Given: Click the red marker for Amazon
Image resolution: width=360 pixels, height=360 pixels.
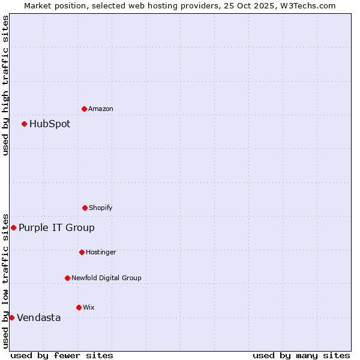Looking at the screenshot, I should pyautogui.click(x=84, y=109).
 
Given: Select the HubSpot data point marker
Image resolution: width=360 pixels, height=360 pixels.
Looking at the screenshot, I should pyautogui.click(x=24, y=124).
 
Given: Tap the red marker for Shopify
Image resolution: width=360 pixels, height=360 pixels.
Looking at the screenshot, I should pyautogui.click(x=85, y=208).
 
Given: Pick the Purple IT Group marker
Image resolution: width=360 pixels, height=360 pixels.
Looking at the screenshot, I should pyautogui.click(x=13, y=227).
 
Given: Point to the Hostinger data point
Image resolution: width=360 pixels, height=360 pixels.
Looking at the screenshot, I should pyautogui.click(x=82, y=252).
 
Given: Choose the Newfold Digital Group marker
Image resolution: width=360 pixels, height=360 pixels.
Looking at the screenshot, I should pyautogui.click(x=67, y=278).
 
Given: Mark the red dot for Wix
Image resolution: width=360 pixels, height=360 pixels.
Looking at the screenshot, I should pyautogui.click(x=79, y=307).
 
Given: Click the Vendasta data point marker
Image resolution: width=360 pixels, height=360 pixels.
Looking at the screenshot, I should pyautogui.click(x=11, y=317).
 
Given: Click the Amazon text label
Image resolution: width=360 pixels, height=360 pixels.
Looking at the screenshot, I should pyautogui.click(x=101, y=109).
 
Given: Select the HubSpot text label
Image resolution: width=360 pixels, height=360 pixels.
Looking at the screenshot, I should pyautogui.click(x=50, y=124).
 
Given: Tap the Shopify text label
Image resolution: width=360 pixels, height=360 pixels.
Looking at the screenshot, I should pyautogui.click(x=101, y=208).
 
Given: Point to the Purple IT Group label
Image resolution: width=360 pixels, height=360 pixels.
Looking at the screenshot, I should pyautogui.click(x=56, y=227).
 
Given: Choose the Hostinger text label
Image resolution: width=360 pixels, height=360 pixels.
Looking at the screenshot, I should pyautogui.click(x=101, y=252).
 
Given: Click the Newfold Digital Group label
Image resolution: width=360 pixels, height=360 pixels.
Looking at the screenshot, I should pyautogui.click(x=106, y=278).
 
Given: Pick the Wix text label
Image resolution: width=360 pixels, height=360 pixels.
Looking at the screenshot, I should pyautogui.click(x=89, y=307).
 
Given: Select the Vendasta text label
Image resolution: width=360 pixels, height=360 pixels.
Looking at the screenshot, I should pyautogui.click(x=39, y=317).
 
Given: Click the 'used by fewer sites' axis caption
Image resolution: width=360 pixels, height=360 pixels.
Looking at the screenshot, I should pyautogui.click(x=62, y=355).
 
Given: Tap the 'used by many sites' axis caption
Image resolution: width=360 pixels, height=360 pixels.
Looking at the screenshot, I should pyautogui.click(x=301, y=355).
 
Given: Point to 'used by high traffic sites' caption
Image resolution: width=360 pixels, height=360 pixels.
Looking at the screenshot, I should pyautogui.click(x=5, y=85).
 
